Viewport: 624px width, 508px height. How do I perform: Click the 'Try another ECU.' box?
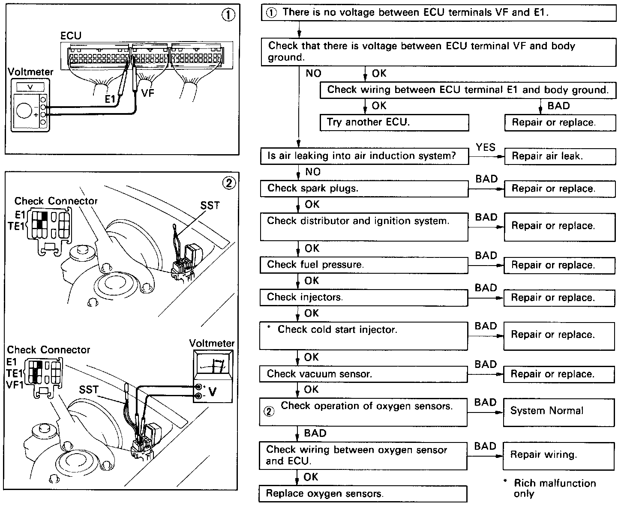[x=394, y=123]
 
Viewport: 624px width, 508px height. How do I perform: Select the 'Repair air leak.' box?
[x=560, y=156]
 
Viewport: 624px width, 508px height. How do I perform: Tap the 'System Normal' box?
[x=559, y=411]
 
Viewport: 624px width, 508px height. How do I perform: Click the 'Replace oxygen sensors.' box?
[x=363, y=493]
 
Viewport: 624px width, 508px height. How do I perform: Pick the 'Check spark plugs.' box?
[x=364, y=188]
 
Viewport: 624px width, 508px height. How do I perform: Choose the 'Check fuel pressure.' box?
[x=364, y=265]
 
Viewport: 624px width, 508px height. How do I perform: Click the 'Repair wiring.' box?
[x=559, y=455]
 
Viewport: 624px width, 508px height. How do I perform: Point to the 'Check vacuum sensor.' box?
[x=363, y=374]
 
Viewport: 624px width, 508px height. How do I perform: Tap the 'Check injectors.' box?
[x=363, y=297]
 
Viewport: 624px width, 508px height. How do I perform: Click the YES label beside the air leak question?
[x=486, y=147]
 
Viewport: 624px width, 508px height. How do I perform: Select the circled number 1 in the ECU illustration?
[x=228, y=15]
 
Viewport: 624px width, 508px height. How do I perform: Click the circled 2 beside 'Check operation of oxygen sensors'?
[x=269, y=412]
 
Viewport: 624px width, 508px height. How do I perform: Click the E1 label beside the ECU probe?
[x=111, y=99]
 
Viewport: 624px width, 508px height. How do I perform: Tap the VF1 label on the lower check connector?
[x=15, y=384]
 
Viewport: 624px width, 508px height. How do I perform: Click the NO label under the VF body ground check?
[x=313, y=73]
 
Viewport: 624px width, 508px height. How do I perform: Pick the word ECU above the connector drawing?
[x=71, y=36]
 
